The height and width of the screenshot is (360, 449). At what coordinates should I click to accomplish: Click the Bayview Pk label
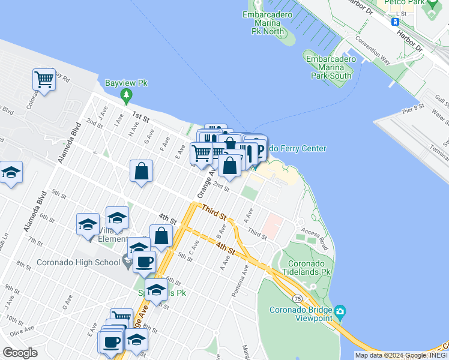(x=126, y=83)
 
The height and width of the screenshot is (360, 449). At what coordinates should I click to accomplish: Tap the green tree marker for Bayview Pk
(x=126, y=94)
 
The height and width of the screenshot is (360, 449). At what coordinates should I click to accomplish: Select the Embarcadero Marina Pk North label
(x=267, y=22)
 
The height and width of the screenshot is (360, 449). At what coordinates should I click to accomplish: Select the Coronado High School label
(x=77, y=262)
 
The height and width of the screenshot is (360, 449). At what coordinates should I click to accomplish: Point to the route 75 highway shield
(x=297, y=298)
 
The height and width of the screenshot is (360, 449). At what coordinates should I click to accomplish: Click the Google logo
(x=20, y=353)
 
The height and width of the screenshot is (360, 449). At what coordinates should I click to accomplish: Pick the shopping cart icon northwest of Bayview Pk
(x=44, y=79)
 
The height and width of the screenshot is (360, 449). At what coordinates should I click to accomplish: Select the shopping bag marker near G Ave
(x=141, y=171)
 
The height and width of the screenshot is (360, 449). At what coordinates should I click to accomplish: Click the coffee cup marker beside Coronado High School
(x=144, y=261)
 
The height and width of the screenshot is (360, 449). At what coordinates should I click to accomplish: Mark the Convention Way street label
(x=373, y=53)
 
